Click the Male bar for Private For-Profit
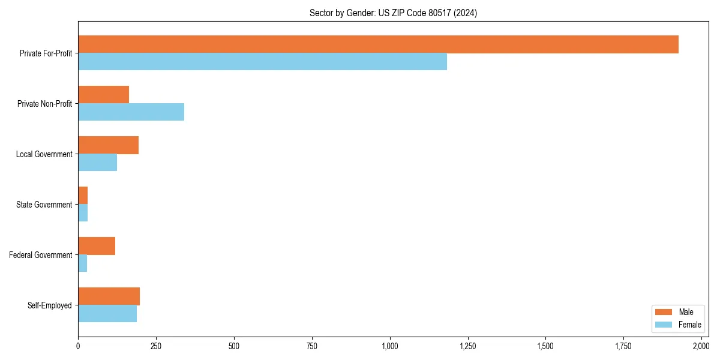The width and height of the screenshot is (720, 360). (378, 44)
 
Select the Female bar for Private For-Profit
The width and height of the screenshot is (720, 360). (262, 62)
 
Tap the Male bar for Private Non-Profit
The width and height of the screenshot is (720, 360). (103, 95)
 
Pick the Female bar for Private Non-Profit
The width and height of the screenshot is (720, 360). (131, 112)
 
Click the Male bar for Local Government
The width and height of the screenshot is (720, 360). (108, 145)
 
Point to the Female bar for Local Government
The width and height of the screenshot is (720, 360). (97, 163)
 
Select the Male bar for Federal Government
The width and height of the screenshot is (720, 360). (97, 246)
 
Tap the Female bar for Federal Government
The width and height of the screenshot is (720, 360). (82, 263)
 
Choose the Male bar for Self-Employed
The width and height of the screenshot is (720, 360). (109, 296)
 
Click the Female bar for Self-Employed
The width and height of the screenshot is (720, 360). (107, 314)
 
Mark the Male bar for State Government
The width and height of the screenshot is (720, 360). (83, 196)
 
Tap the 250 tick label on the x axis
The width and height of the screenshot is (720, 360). (156, 346)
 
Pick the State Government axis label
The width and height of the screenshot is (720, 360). (44, 205)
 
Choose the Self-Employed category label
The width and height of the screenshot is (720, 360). (50, 305)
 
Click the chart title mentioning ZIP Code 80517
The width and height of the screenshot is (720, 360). (393, 13)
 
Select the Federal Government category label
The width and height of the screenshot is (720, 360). (41, 255)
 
